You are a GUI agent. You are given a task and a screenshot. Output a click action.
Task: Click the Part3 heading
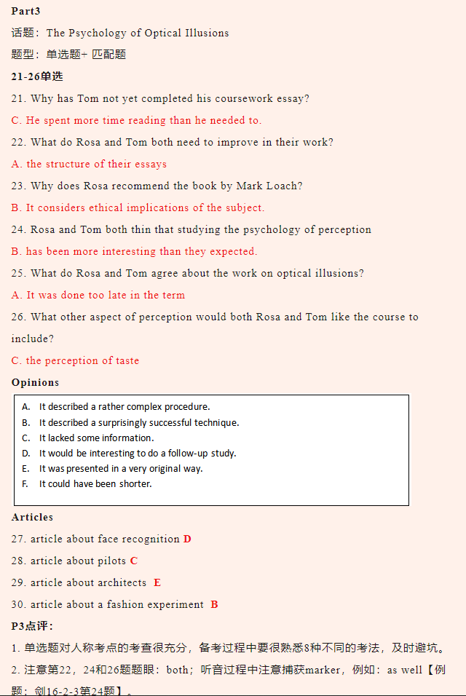(x=25, y=11)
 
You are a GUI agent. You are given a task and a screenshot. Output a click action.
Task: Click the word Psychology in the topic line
(x=98, y=33)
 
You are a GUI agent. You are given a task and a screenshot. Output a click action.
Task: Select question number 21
(x=19, y=98)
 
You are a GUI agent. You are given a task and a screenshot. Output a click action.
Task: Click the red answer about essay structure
(x=89, y=164)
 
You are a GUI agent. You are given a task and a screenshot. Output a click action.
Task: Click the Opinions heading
(x=35, y=382)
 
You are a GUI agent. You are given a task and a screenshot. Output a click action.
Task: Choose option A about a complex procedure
(x=124, y=407)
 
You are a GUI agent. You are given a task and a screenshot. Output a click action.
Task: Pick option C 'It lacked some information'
(x=96, y=438)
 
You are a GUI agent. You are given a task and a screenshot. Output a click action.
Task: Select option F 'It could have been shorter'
(x=95, y=483)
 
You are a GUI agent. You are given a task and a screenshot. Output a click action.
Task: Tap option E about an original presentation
(x=121, y=468)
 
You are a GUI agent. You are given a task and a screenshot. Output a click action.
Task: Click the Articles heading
(x=32, y=517)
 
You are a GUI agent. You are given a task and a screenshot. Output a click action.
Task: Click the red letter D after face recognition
(x=187, y=539)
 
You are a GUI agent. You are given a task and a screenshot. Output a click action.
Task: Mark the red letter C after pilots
(x=134, y=561)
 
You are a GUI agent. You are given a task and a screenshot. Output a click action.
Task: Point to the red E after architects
(x=157, y=582)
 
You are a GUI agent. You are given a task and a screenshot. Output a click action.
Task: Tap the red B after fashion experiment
(x=214, y=604)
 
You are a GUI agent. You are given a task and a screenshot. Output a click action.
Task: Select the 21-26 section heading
(x=37, y=76)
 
